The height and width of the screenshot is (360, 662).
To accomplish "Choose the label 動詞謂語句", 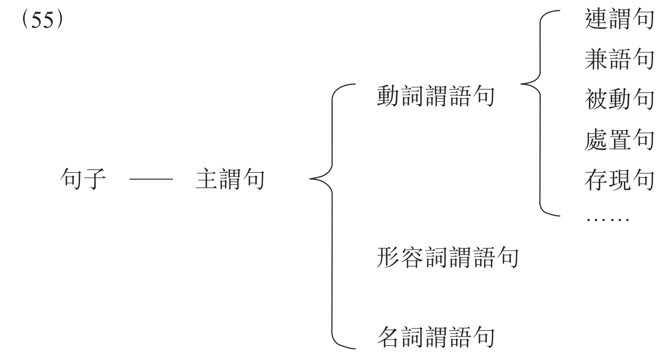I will tap(435, 97).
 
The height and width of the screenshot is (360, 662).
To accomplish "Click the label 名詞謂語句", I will tap(435, 337).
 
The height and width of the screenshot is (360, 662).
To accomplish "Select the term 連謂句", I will tap(619, 24).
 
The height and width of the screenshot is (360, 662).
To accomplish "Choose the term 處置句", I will tap(619, 140).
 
